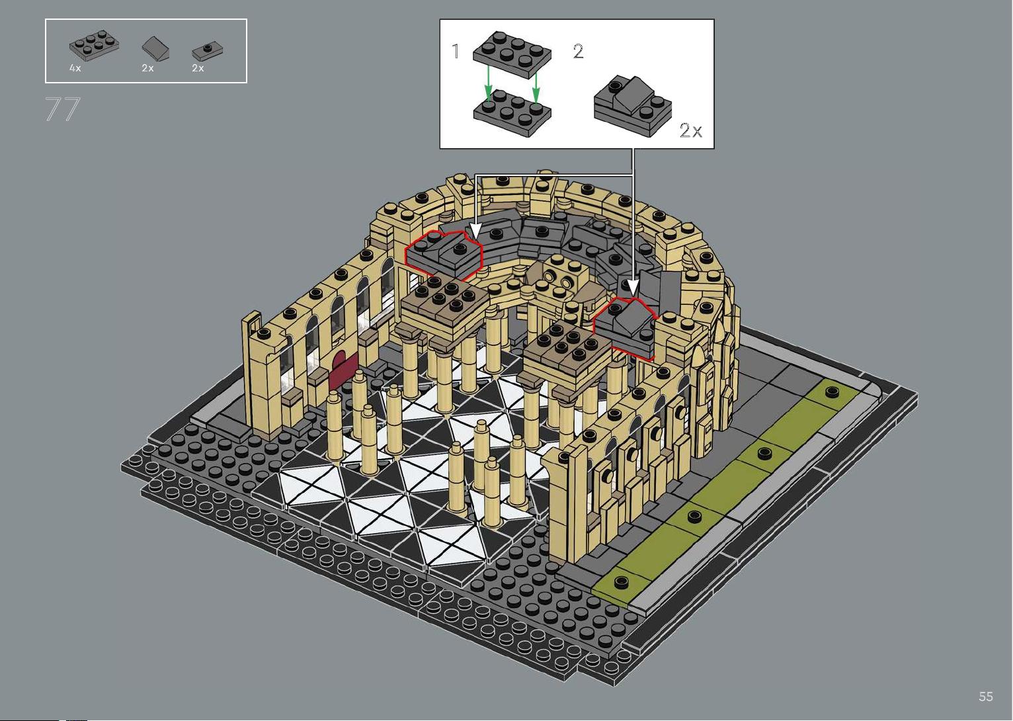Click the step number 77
[62, 109]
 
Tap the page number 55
[986, 696]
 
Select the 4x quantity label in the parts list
[75, 68]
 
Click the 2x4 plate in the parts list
[94, 44]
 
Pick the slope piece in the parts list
[155, 48]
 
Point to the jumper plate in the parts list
[208, 51]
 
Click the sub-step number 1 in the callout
[456, 51]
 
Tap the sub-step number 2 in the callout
[578, 52]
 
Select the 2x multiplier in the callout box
[690, 131]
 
